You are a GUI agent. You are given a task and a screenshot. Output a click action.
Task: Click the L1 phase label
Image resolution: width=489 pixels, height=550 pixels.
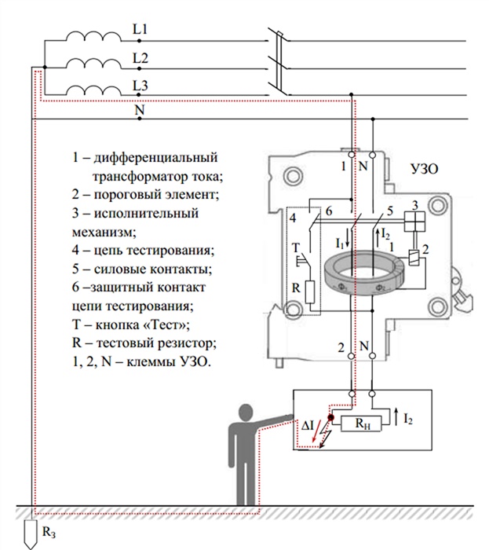pos(140,30)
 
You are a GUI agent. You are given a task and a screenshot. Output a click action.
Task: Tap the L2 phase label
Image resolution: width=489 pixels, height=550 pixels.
pos(140,58)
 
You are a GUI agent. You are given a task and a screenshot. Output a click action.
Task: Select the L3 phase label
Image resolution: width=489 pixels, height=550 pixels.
pos(140,86)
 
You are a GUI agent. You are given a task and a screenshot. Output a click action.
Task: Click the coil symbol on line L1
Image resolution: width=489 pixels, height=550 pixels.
pos(92,36)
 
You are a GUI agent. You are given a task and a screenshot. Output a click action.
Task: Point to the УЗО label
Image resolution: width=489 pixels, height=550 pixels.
pos(424,169)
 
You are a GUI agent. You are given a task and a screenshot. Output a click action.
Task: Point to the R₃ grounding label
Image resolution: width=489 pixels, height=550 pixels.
pos(49,533)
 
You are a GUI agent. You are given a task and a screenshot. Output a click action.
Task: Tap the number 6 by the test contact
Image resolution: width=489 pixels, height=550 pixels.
pos(330,212)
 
